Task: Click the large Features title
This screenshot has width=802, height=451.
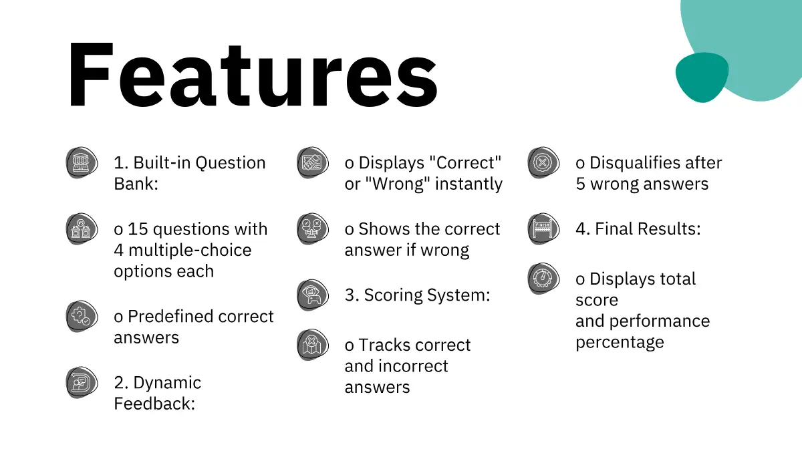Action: coord(253,74)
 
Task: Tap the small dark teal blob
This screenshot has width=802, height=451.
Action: coord(702,78)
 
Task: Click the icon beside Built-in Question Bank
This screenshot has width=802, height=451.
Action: coord(82,162)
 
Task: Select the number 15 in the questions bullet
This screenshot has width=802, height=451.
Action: coord(138,229)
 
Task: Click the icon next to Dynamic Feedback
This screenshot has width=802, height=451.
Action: coord(82,382)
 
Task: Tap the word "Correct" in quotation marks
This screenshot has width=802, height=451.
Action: coord(464,162)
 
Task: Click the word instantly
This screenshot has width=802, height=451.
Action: coord(469,184)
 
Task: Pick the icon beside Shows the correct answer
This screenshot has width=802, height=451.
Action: coord(313,229)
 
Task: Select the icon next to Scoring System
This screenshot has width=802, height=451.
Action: coord(313,295)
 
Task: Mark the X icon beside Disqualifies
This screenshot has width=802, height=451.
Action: coord(543,162)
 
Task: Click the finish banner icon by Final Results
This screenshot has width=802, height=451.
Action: coord(543,229)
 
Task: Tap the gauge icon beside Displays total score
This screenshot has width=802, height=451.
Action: coord(543,279)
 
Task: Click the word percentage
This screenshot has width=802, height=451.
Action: coord(620,343)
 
